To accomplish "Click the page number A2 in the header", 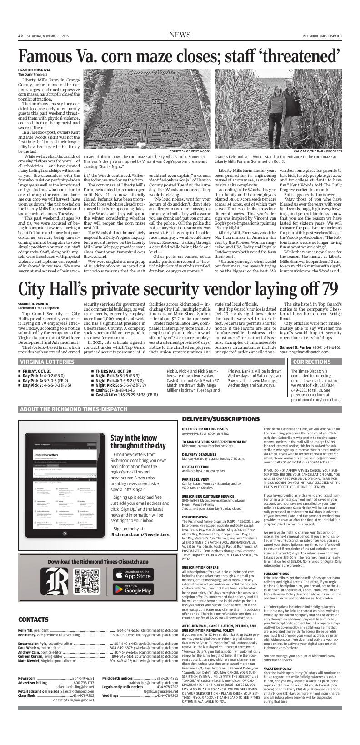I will click(20, 36).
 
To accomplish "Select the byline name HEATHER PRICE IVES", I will click(34, 70).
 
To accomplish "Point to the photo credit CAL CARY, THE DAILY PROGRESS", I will click(318, 151).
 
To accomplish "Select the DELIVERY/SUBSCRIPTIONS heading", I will click(221, 418).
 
